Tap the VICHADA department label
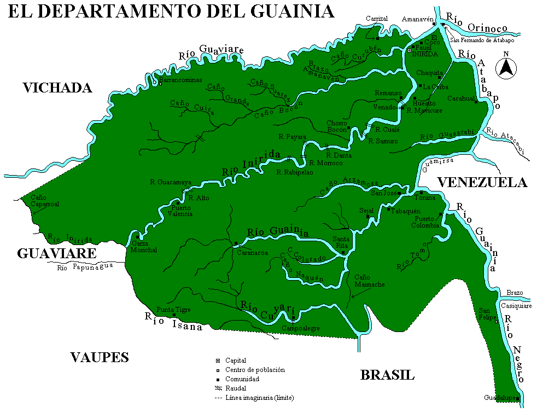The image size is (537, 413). (x=57, y=88)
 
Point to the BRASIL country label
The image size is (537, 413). (x=387, y=375)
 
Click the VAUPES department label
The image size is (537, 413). (x=100, y=358)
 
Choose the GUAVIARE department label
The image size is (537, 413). (x=57, y=254)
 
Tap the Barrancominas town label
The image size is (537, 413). (x=180, y=80)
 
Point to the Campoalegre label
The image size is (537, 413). (x=300, y=328)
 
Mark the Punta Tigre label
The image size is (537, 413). (x=174, y=310)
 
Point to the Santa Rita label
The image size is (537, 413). (x=341, y=242)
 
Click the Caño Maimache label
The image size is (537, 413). (x=370, y=281)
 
